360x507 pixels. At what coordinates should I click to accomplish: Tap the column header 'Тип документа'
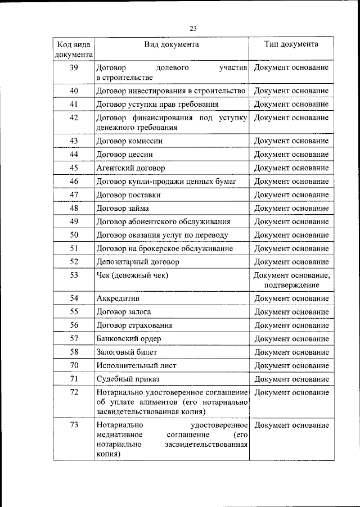pyautogui.click(x=291, y=44)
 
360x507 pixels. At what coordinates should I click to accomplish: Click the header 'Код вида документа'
pyautogui.click(x=74, y=49)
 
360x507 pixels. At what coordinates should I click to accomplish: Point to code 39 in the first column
pyautogui.click(x=74, y=67)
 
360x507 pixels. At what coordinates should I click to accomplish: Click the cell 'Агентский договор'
pyautogui.click(x=130, y=168)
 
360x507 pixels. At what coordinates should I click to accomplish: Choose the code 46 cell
pyautogui.click(x=74, y=181)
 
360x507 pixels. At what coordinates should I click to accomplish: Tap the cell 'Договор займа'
pyautogui.click(x=123, y=208)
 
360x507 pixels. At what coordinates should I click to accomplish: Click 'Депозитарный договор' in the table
pyautogui.click(x=138, y=262)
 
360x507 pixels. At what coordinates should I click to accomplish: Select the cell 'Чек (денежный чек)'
pyautogui.click(x=133, y=275)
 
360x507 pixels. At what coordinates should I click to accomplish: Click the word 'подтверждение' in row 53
pyautogui.click(x=291, y=285)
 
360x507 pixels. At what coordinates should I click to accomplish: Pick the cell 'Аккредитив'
pyautogui.click(x=118, y=298)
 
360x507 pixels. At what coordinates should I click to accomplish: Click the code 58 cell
pyautogui.click(x=74, y=352)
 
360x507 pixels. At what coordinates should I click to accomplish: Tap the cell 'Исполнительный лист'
pyautogui.click(x=136, y=365)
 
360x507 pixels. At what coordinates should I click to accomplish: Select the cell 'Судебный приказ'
pyautogui.click(x=128, y=379)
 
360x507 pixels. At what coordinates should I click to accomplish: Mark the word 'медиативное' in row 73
pyautogui.click(x=119, y=435)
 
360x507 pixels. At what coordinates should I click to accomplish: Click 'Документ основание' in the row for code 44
pyautogui.click(x=291, y=154)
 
